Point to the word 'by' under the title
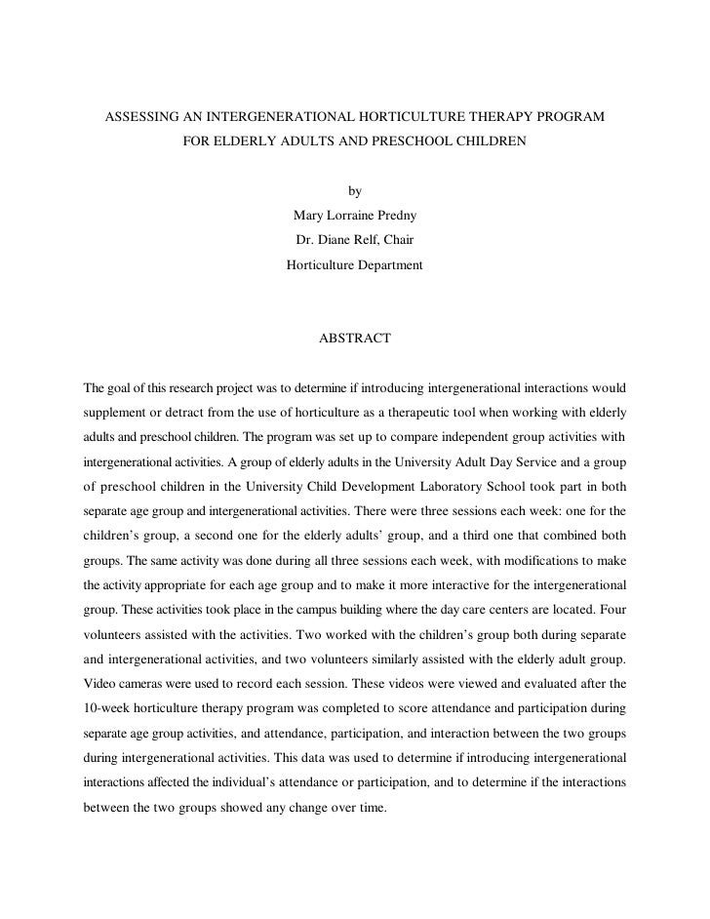pos(355,191)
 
